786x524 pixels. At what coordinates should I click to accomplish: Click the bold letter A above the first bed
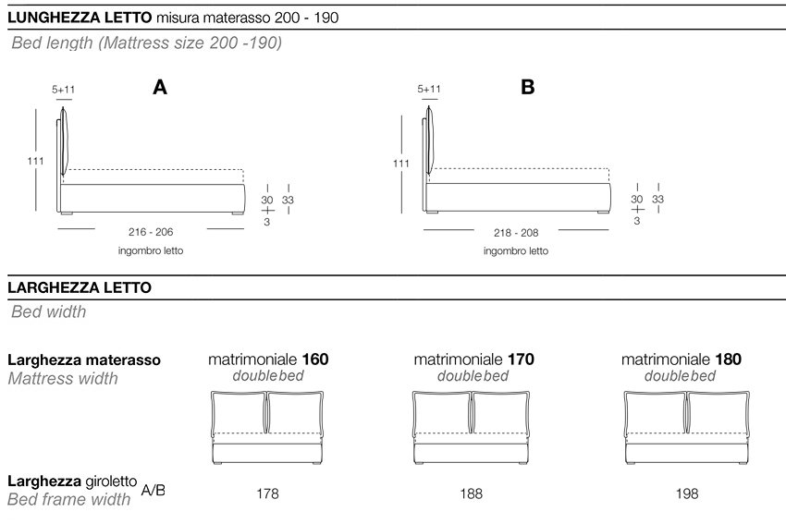(x=160, y=88)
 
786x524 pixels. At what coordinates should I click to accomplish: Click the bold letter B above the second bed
(x=528, y=88)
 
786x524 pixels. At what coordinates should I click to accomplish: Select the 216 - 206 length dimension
(x=151, y=233)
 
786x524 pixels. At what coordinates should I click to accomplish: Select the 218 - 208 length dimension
(x=517, y=233)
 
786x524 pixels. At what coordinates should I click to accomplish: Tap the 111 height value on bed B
(x=401, y=164)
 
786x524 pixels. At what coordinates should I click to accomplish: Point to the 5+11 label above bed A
(x=64, y=90)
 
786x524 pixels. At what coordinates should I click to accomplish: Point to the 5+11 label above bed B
(x=429, y=90)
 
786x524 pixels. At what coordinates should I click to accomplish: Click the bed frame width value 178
(x=267, y=494)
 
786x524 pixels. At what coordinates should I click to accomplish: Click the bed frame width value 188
(x=472, y=494)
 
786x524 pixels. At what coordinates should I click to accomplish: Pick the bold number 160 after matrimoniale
(x=315, y=359)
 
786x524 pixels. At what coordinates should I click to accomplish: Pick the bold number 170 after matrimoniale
(x=521, y=359)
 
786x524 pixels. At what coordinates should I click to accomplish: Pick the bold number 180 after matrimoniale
(x=728, y=359)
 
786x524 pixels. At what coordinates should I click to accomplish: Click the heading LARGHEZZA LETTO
(x=79, y=288)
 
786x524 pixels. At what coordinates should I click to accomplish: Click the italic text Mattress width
(x=62, y=378)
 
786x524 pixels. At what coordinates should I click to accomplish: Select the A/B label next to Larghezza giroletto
(x=154, y=490)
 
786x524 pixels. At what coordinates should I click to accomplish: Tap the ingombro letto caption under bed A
(x=151, y=250)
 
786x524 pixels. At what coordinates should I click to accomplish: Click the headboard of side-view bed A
(x=64, y=145)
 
